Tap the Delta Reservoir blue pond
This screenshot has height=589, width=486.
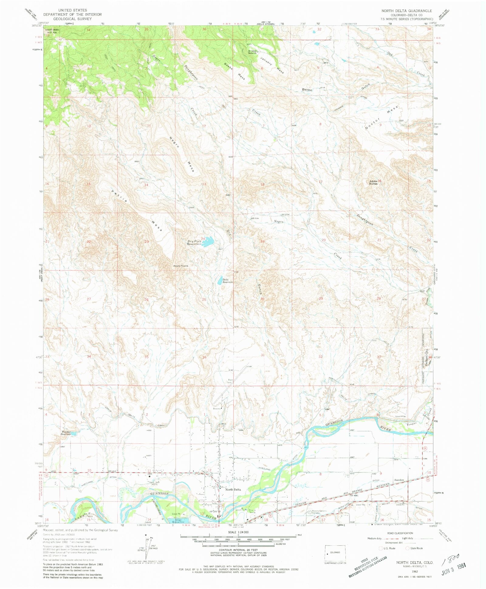click(x=220, y=280)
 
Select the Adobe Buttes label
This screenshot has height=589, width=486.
click(x=373, y=182)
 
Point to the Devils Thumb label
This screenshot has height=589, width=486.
click(x=181, y=266)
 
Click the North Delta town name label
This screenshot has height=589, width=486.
click(x=233, y=489)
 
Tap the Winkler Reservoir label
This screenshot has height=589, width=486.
click(x=66, y=433)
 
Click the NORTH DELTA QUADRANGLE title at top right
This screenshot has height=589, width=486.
click(x=406, y=11)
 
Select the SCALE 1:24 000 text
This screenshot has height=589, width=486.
click(x=240, y=532)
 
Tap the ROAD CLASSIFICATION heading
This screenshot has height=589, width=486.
click(x=400, y=533)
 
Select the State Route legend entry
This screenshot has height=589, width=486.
click(x=414, y=548)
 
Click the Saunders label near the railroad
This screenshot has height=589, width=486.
click(x=399, y=480)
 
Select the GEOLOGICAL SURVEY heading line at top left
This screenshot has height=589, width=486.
click(x=72, y=19)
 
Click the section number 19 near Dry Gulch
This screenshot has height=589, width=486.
click(x=262, y=241)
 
